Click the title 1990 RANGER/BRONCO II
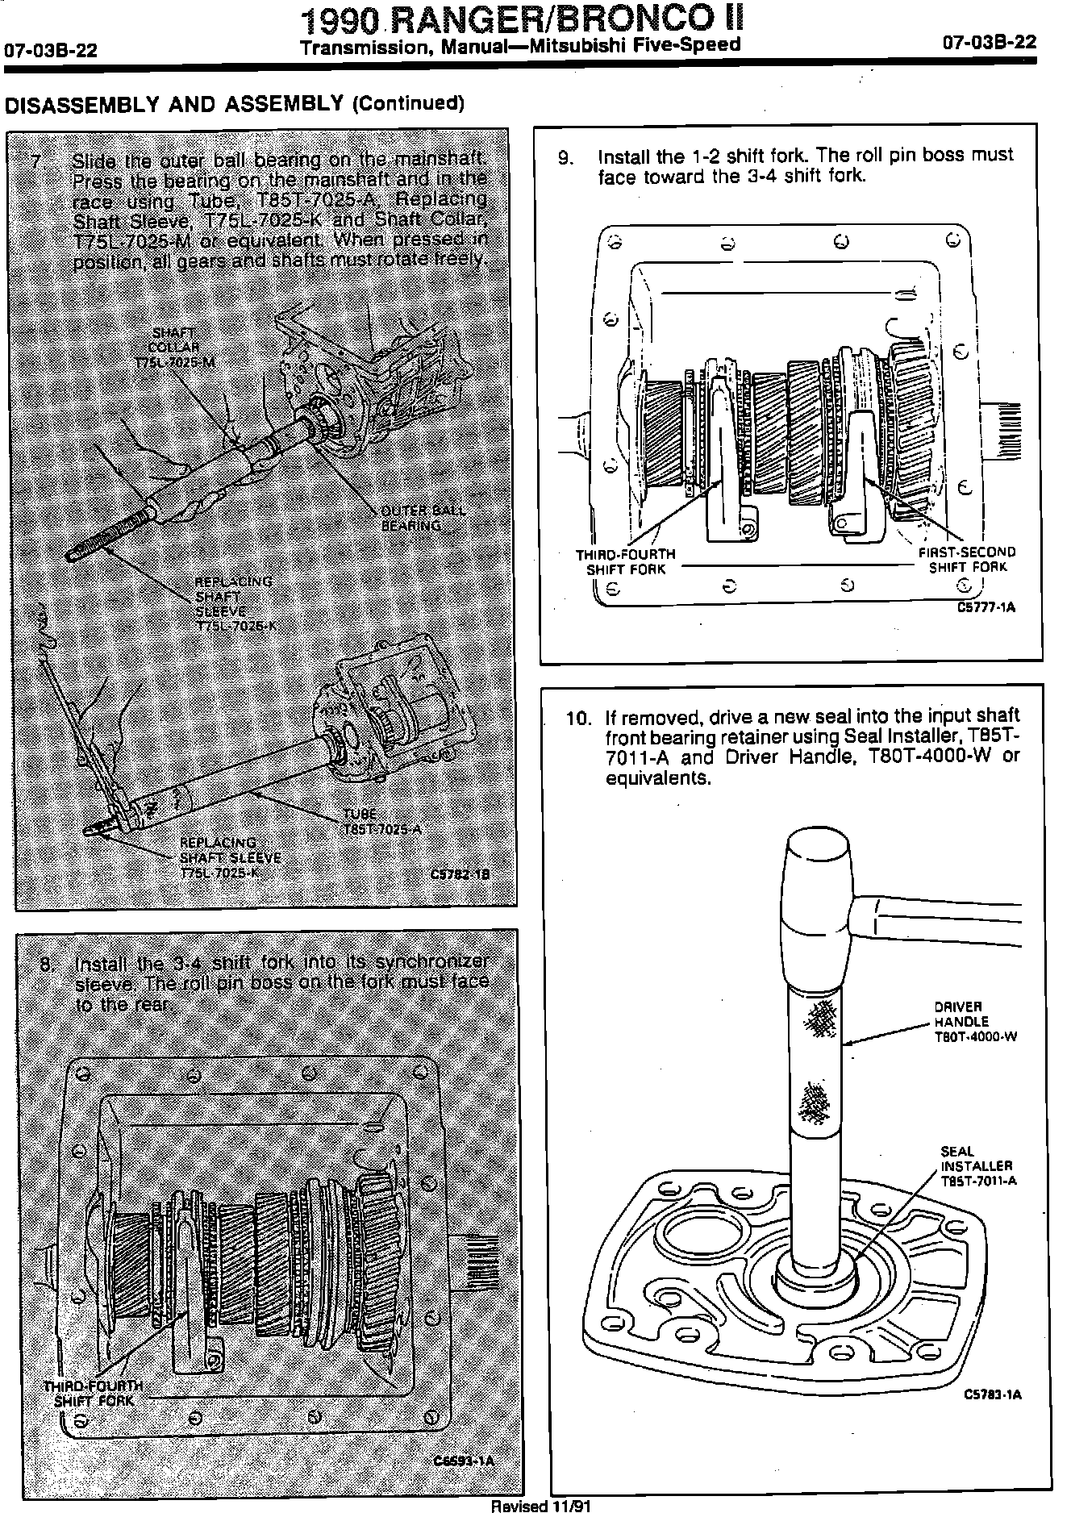(520, 19)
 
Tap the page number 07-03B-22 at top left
(51, 51)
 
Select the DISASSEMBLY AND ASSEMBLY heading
(235, 104)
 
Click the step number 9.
(565, 157)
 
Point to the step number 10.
(578, 717)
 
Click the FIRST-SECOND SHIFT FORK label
(967, 560)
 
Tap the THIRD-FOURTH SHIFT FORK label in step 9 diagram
(626, 562)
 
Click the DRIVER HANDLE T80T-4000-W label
(975, 1022)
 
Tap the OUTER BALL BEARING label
(423, 518)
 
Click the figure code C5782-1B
(460, 873)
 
